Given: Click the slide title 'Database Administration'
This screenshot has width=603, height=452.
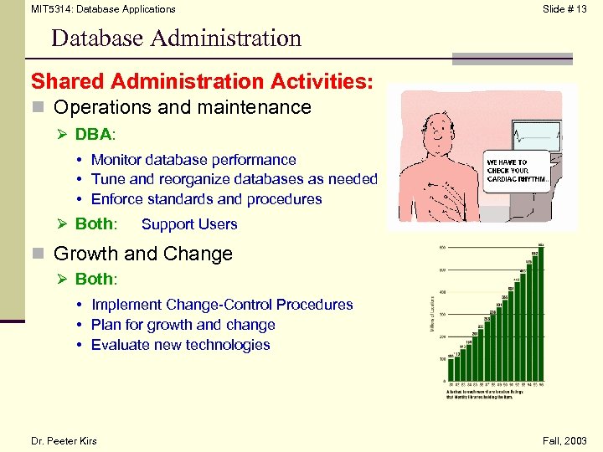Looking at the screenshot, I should pos(176,39).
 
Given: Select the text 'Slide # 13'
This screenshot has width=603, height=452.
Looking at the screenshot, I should pos(564,9).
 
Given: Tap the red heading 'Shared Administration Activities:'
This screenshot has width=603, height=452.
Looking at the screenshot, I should pos(202,81).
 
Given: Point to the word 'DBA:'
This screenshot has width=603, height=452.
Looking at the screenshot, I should pos(96,134).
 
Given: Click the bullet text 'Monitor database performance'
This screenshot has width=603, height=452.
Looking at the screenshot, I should pos(193,159).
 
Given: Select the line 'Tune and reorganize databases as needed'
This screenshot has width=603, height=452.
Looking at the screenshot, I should pos(234,179).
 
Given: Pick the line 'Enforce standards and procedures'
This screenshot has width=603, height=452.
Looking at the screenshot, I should pos(206,199).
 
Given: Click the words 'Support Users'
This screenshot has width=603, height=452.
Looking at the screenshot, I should pos(189,224).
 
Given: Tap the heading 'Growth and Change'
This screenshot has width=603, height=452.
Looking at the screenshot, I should pos(142,253).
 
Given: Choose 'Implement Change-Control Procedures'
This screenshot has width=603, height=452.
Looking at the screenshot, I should pos(222,305).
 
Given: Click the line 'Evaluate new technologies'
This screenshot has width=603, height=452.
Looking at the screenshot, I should pos(180,345).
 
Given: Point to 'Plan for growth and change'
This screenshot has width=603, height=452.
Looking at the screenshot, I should pos(183,325).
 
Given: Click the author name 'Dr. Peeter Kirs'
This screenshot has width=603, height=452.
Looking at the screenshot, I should pos(64,441).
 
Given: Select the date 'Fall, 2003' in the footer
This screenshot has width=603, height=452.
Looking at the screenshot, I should pos(565,441).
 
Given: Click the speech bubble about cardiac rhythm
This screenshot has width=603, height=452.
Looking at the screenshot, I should pos(517,171).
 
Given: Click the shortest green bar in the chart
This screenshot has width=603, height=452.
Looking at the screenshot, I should pos(451,368).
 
